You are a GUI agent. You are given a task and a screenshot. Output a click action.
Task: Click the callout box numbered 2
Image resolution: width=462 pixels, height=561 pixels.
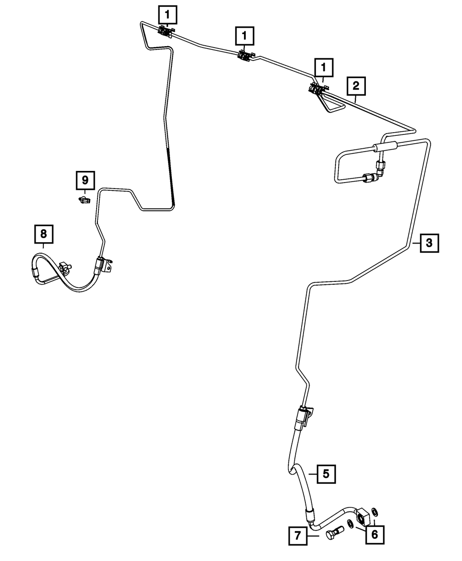pos(355,85)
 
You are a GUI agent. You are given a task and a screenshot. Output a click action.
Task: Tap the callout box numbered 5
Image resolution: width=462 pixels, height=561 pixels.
pos(326,474)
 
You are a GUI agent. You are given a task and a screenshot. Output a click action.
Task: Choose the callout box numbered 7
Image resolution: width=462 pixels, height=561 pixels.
pos(298,536)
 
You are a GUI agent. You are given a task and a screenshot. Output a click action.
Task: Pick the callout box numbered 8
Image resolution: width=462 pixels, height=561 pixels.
pos(43,234)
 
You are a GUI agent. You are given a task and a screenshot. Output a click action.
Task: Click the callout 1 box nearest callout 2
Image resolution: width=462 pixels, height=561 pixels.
pos(323,67)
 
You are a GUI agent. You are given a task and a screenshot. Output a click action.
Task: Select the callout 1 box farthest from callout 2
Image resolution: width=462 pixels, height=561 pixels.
pos(167,15)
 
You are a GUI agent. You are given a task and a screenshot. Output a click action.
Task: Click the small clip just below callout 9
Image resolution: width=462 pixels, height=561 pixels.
pos(84,200)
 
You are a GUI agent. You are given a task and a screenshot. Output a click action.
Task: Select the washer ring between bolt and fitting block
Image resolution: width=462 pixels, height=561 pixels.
pos(351,523)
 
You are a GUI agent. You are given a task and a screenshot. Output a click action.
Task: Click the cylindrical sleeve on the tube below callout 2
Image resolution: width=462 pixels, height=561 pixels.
pos(385,148)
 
